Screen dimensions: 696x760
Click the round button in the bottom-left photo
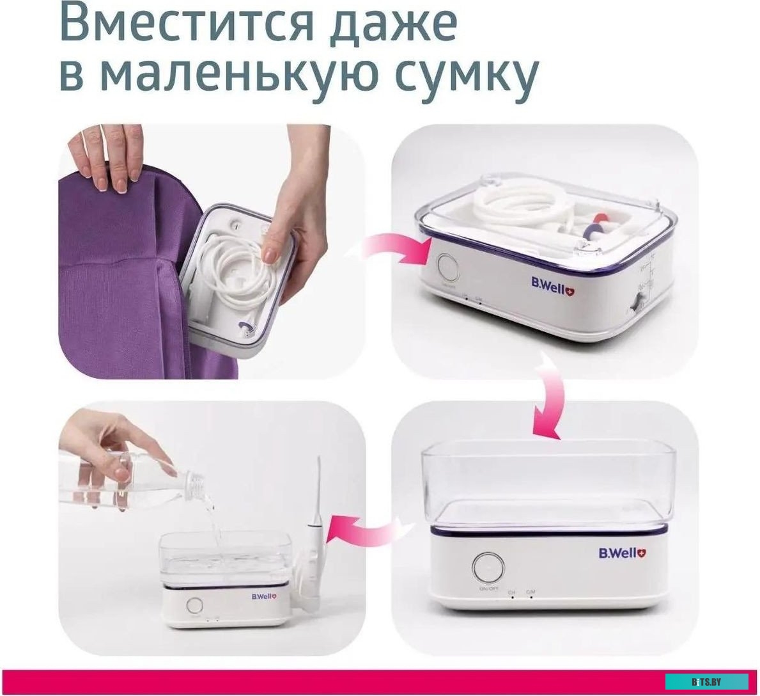[x=194, y=606]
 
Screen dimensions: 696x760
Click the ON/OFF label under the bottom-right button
[x=488, y=587]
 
